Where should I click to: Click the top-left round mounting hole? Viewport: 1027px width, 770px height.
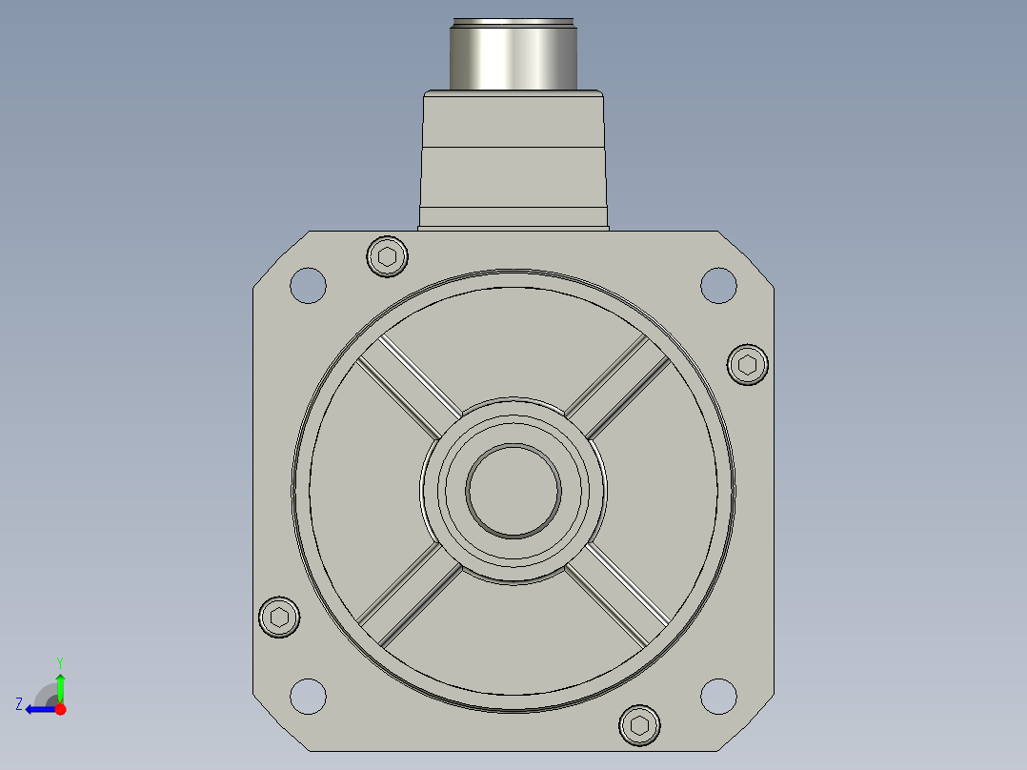point(308,286)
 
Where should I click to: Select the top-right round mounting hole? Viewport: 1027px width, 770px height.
point(718,286)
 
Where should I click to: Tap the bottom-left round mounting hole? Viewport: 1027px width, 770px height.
point(308,696)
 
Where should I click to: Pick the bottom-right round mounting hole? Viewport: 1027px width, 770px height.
point(718,696)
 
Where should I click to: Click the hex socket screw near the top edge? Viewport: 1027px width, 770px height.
point(387,256)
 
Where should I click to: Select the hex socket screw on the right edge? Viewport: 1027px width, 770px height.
point(747,364)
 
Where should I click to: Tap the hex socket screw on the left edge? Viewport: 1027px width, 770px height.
point(279,618)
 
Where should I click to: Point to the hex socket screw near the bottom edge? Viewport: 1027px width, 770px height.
point(639,725)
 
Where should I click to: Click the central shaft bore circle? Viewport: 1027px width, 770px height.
point(513,491)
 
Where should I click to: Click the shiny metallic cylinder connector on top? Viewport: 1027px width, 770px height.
point(513,54)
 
